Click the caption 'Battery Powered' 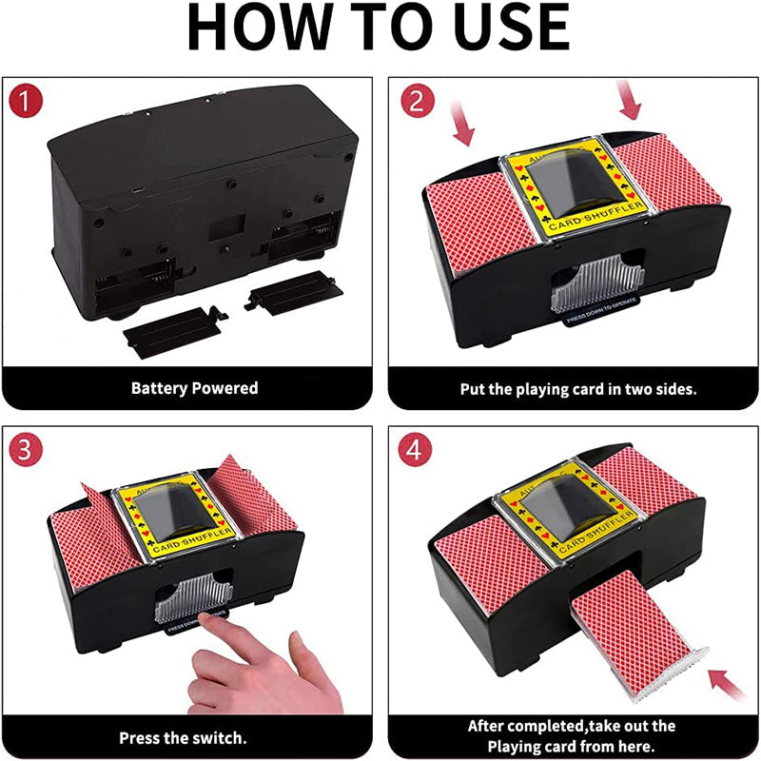[194, 388]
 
